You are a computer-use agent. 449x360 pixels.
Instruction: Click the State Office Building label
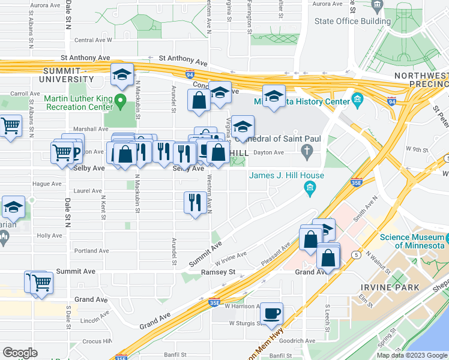[353, 22]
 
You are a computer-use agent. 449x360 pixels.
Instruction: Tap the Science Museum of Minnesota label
[412, 241]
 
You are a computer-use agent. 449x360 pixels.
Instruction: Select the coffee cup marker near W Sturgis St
[272, 313]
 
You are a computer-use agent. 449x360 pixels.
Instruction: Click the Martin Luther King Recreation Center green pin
[121, 100]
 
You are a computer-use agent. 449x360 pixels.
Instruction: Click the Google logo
[20, 353]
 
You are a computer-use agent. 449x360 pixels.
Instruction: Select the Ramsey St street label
[221, 272]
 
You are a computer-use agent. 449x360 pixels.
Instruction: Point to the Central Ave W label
[93, 41]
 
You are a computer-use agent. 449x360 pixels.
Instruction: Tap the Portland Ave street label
[91, 251]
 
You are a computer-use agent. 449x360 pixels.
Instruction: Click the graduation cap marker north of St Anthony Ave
[122, 75]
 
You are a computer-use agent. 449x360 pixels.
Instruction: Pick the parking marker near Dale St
[74, 153]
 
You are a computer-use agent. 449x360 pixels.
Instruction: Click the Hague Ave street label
[47, 184]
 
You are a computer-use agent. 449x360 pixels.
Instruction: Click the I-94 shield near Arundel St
[190, 74]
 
